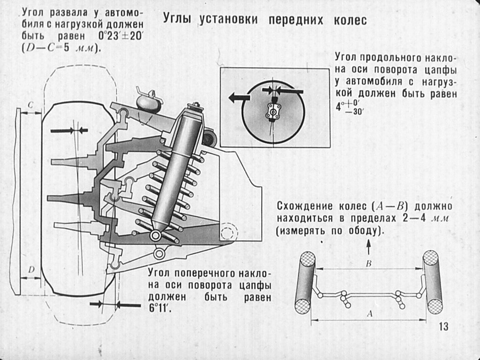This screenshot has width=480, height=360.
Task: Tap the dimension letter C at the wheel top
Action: coord(30,106)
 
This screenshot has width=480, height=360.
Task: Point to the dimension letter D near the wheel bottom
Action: coord(30,270)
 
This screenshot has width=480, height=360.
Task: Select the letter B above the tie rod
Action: coord(368,263)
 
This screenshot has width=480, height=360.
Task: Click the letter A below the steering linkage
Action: coord(368,315)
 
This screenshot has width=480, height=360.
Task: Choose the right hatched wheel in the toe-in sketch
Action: coord(432,282)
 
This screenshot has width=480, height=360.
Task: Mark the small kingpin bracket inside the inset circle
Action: coord(273,111)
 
